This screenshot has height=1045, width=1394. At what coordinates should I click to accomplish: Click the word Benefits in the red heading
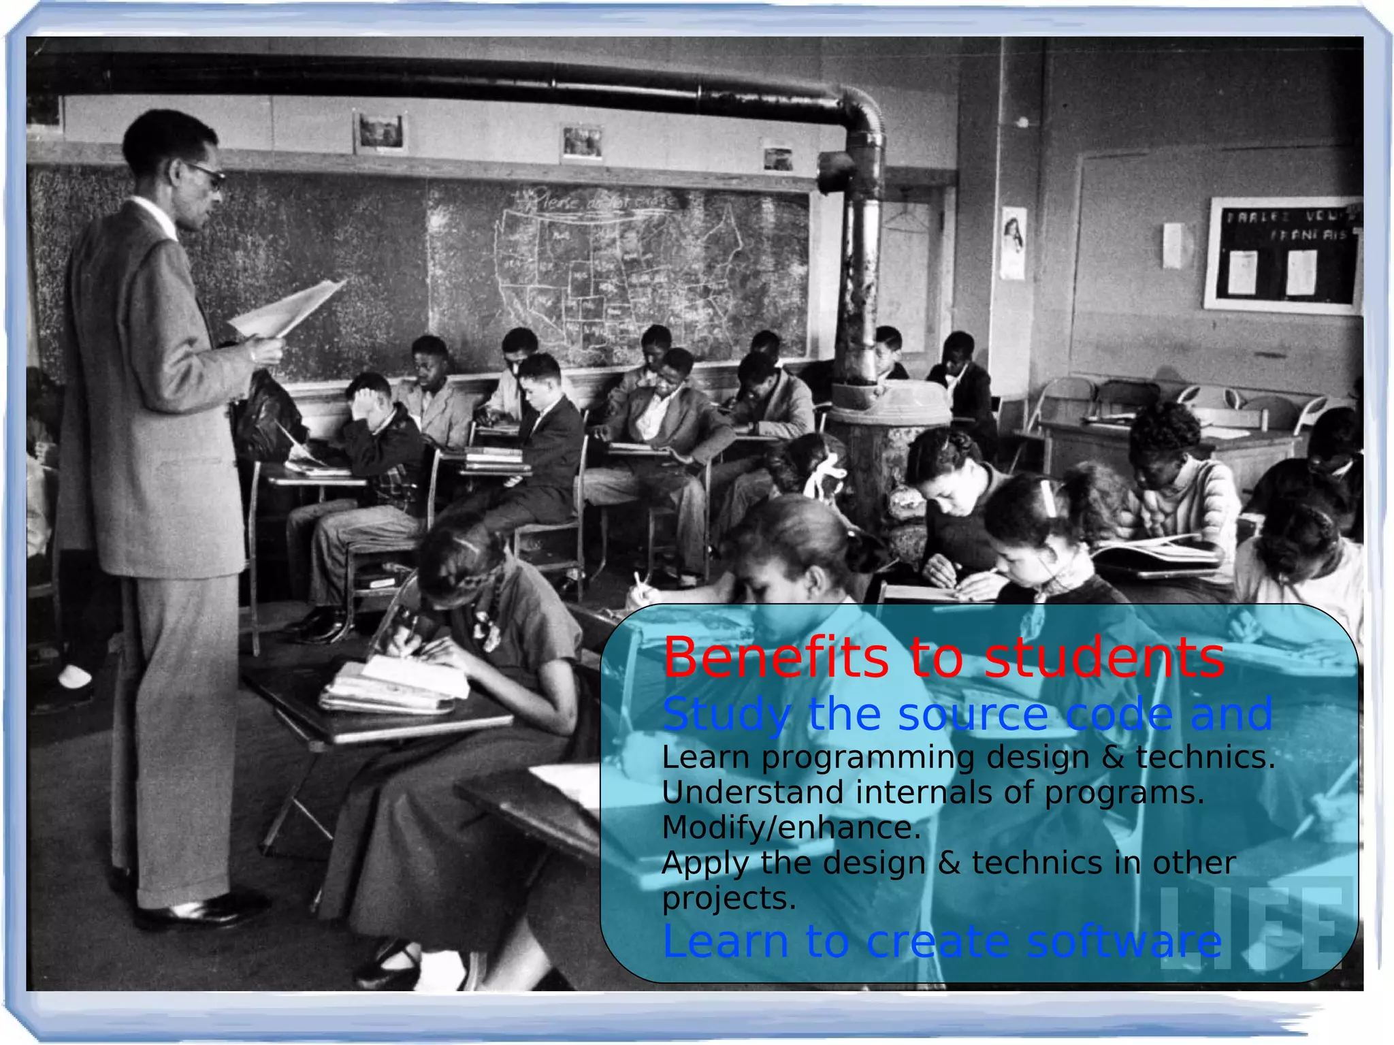[776, 658]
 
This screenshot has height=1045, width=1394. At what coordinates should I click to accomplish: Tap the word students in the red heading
[1104, 658]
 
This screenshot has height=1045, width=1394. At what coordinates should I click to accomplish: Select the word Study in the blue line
[726, 715]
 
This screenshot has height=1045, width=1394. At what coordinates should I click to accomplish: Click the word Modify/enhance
[791, 828]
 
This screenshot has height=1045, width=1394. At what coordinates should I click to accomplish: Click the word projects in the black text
[728, 898]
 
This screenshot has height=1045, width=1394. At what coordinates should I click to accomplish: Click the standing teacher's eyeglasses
[207, 175]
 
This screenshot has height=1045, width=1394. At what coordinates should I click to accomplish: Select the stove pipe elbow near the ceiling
[862, 116]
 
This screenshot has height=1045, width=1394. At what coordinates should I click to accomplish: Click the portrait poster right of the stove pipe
[1013, 243]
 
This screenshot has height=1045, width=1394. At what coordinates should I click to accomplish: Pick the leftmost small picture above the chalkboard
[380, 131]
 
